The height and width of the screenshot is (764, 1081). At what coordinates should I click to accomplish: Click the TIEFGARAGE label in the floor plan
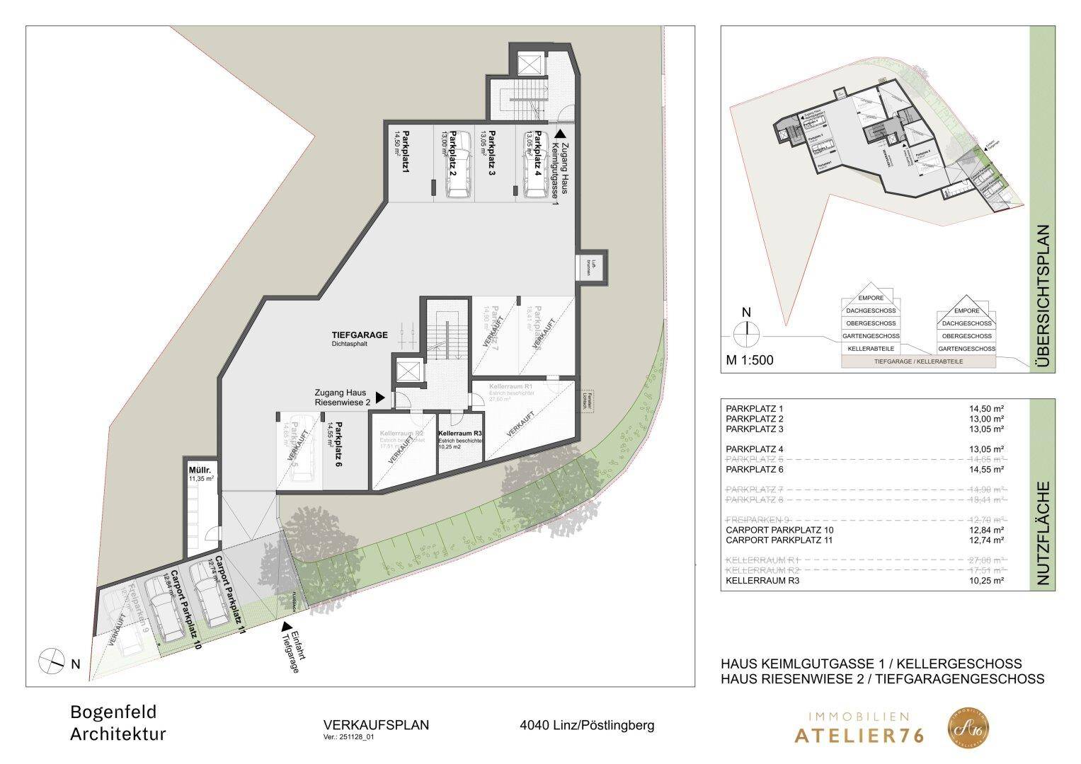coord(359,335)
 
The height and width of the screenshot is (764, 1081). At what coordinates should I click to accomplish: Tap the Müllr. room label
coord(196,470)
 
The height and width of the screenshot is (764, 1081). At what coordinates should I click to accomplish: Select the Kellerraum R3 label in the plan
coord(460,433)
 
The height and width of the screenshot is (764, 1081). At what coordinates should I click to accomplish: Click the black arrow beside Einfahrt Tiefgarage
coord(286,627)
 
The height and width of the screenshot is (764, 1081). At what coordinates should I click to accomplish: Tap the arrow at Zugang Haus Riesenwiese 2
coord(381,398)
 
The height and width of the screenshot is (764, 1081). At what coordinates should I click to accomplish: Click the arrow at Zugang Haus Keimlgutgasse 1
coord(560,132)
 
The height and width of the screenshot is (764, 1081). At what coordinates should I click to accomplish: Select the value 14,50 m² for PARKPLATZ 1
coord(986,409)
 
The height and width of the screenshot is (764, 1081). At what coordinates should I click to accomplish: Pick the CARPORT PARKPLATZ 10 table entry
coord(780,531)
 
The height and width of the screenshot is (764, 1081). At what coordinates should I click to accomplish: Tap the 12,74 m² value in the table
coord(986,540)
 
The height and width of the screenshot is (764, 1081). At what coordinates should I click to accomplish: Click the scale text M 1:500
coord(750,360)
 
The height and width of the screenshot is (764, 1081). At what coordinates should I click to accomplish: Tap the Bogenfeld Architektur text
coord(118,723)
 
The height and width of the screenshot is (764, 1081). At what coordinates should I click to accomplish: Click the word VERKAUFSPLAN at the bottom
coord(376,725)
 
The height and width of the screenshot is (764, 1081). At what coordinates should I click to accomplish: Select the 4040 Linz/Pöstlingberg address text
coord(587,725)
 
